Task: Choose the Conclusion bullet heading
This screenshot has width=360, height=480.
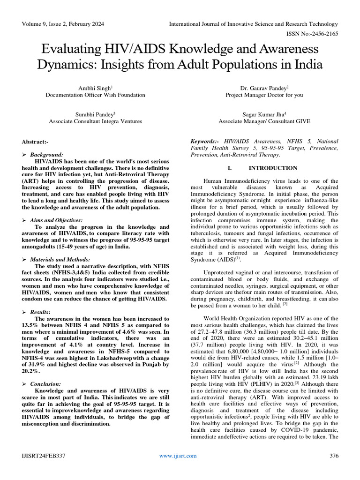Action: pos(45,384)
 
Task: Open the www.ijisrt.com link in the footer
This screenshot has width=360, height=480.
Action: pos(178,456)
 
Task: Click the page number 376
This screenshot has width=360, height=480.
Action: pos(334,456)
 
